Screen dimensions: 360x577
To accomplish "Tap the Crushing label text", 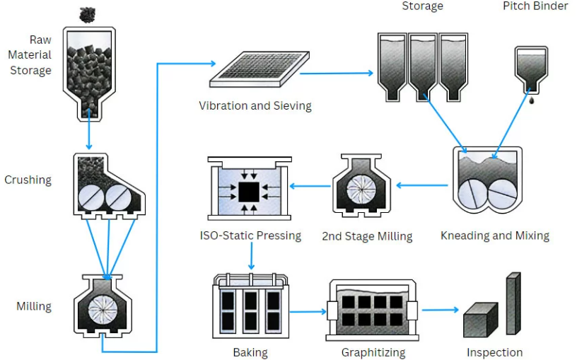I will point(28,180).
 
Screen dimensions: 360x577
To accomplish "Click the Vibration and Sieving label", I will point(255,106).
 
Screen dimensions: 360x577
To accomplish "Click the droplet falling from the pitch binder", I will point(531,101).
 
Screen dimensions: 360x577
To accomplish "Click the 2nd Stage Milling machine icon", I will point(361,185).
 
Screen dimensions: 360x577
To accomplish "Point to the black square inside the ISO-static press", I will point(248,190).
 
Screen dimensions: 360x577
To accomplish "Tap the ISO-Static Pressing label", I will point(250,236).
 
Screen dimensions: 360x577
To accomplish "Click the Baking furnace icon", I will point(252,309).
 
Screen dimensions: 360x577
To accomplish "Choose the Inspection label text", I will point(494,352).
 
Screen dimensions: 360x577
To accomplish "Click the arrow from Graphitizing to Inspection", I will point(441,310).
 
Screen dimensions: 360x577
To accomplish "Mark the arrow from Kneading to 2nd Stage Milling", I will point(422,185).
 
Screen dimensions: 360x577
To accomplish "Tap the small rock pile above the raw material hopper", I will point(88,13).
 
